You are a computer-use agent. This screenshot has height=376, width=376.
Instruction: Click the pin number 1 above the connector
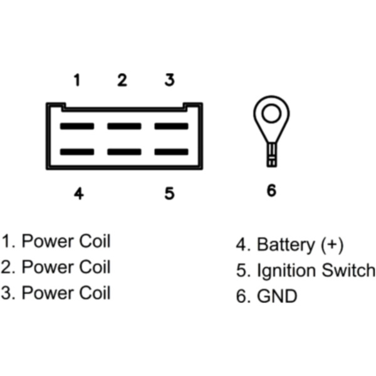tap(76, 80)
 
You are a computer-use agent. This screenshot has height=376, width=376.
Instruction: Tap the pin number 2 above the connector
tap(122, 80)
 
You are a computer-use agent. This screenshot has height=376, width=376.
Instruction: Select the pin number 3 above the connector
tap(169, 80)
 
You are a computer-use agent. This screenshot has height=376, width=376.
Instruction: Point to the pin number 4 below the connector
tap(78, 193)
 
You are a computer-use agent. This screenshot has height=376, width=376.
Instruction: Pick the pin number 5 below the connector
tap(169, 193)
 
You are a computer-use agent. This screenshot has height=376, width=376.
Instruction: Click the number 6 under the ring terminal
tap(271, 191)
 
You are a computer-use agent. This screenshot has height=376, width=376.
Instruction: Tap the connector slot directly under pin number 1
tap(76, 126)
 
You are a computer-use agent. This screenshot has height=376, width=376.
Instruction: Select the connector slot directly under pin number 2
tap(123, 126)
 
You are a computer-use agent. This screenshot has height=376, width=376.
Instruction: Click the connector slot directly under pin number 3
tap(171, 126)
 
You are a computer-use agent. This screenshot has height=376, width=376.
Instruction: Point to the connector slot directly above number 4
tap(76, 152)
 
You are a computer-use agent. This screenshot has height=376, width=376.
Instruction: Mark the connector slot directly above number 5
tap(171, 152)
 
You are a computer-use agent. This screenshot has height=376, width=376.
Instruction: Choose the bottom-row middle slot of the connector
tap(123, 152)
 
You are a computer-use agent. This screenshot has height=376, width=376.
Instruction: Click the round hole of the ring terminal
tap(271, 113)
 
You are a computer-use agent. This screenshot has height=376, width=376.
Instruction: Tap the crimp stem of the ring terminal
tap(271, 154)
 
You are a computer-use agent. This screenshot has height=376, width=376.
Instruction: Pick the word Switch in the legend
tap(348, 271)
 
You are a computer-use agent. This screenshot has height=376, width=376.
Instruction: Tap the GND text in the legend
tap(277, 296)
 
